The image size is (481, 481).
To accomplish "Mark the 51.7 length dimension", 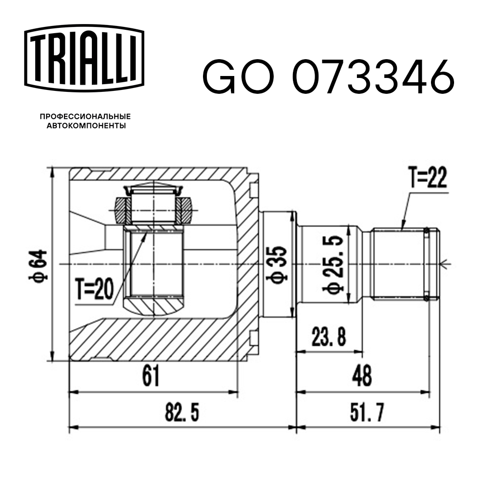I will (368, 412).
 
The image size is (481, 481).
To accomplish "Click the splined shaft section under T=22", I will (399, 264).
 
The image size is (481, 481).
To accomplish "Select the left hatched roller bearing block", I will (120, 210).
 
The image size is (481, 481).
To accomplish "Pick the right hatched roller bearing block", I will (185, 210).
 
